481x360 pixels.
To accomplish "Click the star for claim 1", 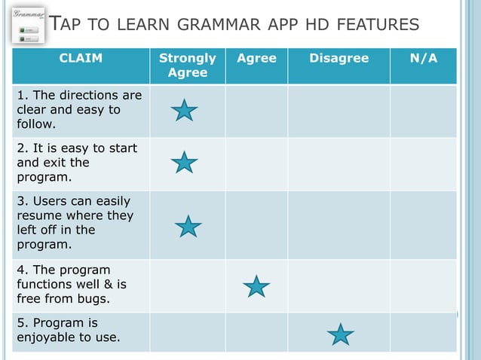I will tap(184, 111).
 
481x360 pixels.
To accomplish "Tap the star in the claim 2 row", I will tap(184, 161).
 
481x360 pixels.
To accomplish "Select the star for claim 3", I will tap(188, 225).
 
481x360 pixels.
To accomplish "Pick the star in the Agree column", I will tap(256, 286).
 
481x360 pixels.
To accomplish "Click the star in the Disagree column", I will tap(341, 334).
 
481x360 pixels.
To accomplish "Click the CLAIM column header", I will tap(81, 58).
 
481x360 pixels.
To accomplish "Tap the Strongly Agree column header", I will tap(188, 65).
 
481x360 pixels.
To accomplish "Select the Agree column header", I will tap(256, 58).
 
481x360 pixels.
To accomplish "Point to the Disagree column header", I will tap(339, 58).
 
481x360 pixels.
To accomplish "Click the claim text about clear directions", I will tap(79, 110).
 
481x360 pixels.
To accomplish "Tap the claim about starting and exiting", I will tap(77, 163).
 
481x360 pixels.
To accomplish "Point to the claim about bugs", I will tap(72, 284).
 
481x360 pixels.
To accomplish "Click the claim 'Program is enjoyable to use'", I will tap(68, 330).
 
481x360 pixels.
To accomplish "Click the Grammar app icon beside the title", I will tap(26, 26).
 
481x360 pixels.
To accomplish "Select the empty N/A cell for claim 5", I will tap(423, 332).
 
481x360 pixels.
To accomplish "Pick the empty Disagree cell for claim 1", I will tap(339, 111).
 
